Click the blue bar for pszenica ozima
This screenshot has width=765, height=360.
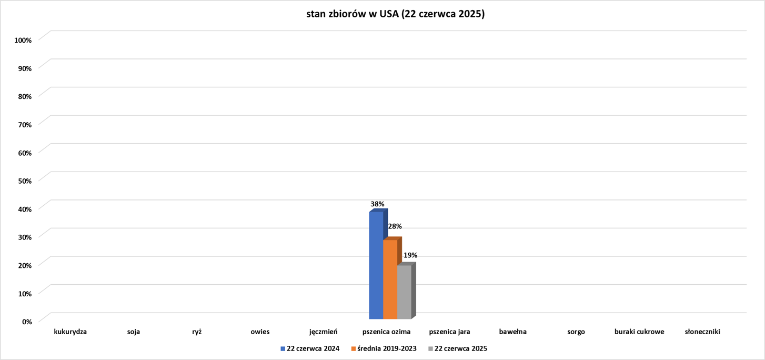pos(376,266)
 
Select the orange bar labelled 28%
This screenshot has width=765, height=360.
pos(390,279)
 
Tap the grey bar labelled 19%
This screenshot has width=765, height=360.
pos(404,292)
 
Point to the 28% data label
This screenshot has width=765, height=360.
pos(395,226)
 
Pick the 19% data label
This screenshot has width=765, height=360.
pos(410,255)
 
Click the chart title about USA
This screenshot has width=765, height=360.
pos(396,14)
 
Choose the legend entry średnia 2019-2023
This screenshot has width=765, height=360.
pos(387,348)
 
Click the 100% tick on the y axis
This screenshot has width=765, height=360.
pos(23,40)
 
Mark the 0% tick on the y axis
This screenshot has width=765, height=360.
pos(26,321)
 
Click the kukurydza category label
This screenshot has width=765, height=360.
pos(70,332)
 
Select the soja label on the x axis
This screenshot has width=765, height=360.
pos(134,332)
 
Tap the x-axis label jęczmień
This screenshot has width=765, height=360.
pos(323,332)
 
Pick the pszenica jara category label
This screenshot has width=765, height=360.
pos(449,332)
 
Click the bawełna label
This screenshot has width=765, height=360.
pos(512,332)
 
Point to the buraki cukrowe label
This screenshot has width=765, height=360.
pos(639,332)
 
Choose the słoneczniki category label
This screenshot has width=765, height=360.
pos(702,332)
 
